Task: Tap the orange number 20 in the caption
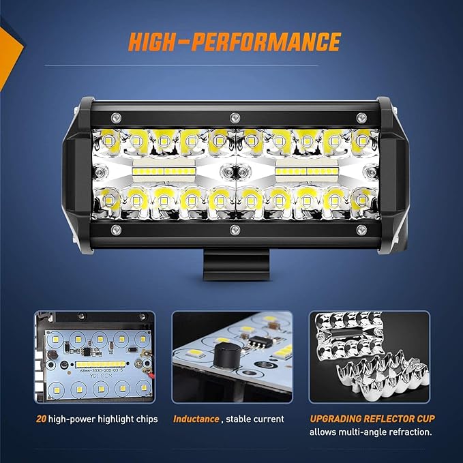[x=40, y=419]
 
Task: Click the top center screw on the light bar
[x=233, y=116]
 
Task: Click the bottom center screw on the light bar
[x=233, y=230]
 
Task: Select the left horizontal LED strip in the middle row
[x=164, y=168]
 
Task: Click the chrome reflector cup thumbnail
[x=369, y=357]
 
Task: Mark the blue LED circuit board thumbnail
[x=95, y=357]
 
